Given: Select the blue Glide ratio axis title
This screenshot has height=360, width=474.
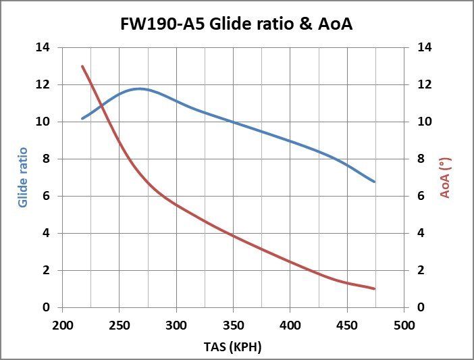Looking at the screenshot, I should pyautogui.click(x=24, y=177).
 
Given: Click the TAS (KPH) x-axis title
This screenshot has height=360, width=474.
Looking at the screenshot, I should pyautogui.click(x=232, y=346).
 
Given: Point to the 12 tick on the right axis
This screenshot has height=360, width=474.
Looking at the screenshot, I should pyautogui.click(x=424, y=85).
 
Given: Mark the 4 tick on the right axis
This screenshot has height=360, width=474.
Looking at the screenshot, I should pyautogui.click(x=421, y=233).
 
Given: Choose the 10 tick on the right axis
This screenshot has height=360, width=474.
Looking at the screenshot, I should pyautogui.click(x=424, y=122).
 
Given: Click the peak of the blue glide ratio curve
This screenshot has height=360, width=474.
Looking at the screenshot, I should pyautogui.click(x=140, y=88).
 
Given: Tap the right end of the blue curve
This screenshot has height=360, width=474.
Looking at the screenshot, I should pyautogui.click(x=374, y=182).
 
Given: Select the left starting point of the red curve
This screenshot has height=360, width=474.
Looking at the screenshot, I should pyautogui.click(x=82, y=66).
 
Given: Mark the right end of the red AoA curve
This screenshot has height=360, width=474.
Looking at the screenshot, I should pyautogui.click(x=374, y=289).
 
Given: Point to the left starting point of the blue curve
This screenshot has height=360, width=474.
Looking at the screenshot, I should pyautogui.click(x=82, y=118).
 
